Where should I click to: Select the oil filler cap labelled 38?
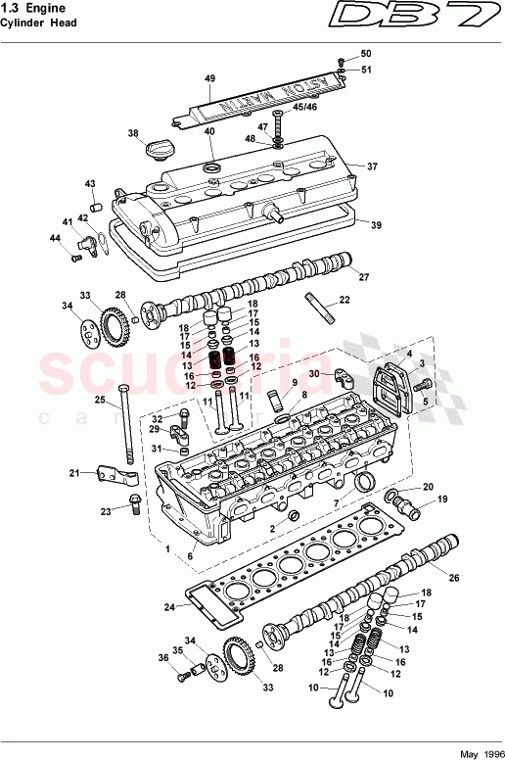pos(158,153)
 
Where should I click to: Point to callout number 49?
pos(208,77)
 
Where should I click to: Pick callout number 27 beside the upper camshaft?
pos(364,276)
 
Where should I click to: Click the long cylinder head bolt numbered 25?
pos(125,424)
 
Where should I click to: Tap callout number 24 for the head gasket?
pos(169,607)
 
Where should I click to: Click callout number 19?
pos(441,499)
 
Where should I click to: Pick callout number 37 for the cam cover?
pos(371,166)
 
